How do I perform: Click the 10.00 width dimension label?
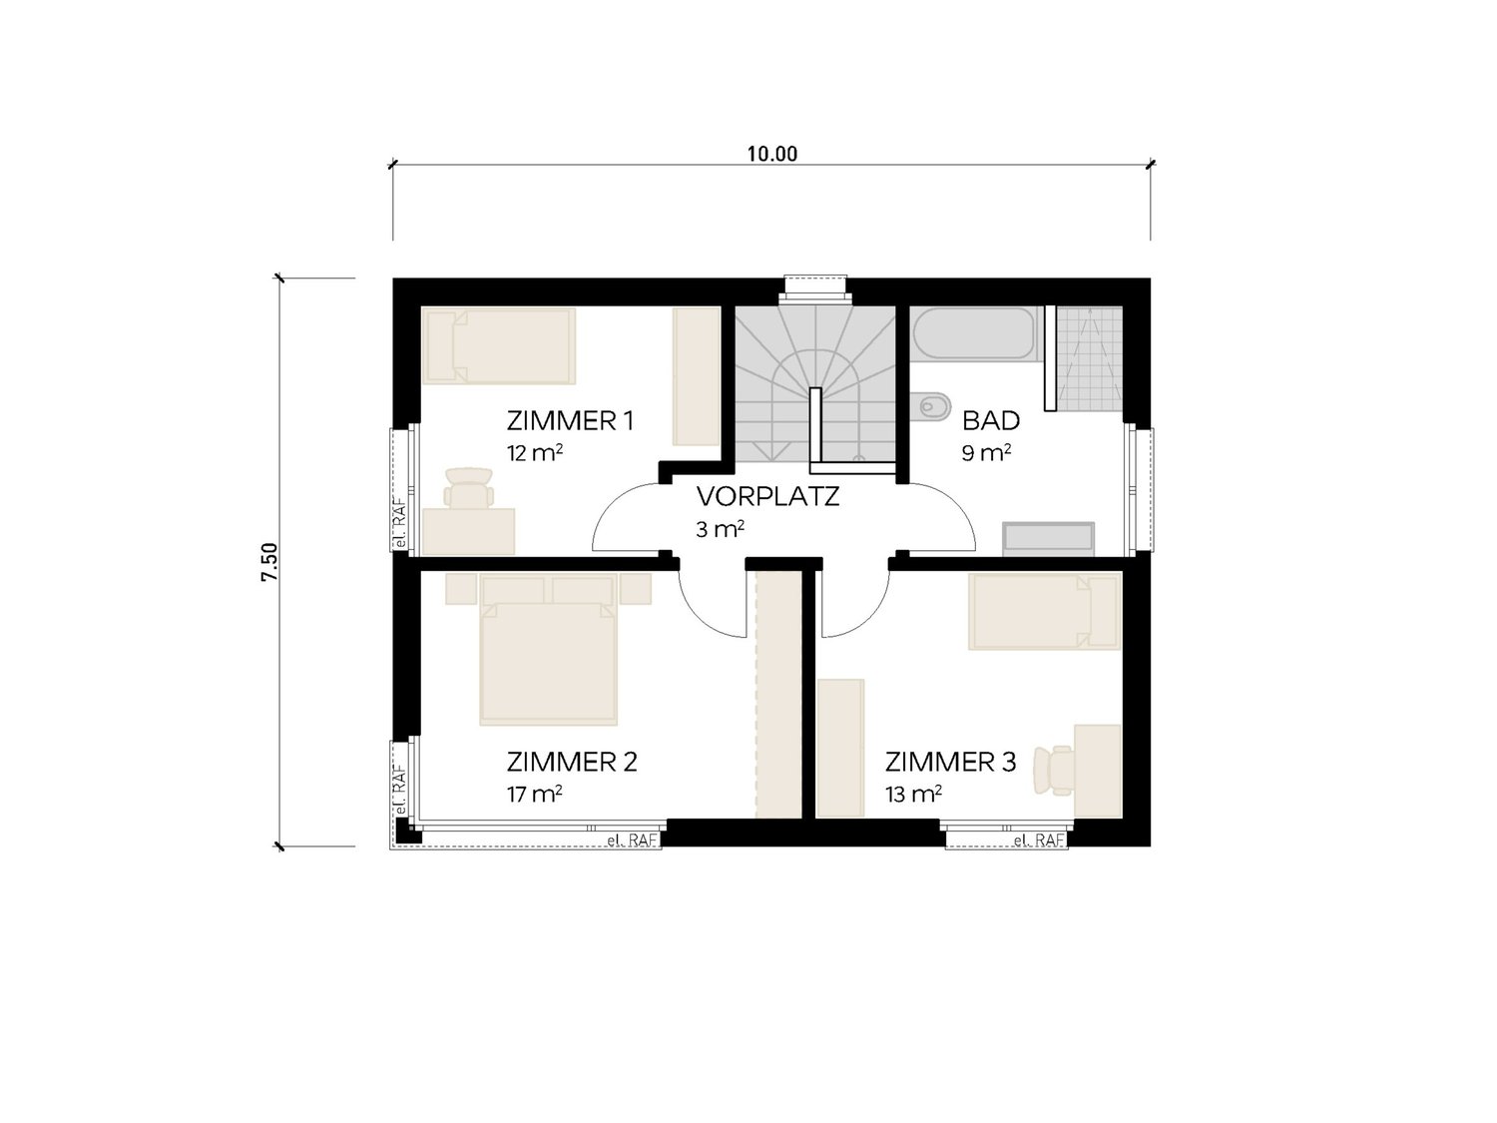[771, 154]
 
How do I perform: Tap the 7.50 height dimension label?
[270, 562]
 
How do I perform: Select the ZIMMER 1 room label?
[570, 421]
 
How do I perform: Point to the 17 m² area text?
[534, 794]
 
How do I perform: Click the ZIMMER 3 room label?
[950, 762]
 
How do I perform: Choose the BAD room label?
[991, 421]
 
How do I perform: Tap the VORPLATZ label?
[767, 497]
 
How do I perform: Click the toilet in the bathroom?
[931, 407]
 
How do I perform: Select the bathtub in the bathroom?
[975, 333]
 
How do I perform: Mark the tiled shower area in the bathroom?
[1089, 359]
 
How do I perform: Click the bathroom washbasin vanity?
[1048, 539]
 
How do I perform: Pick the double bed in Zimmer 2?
[548, 649]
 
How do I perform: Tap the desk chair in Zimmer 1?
[468, 488]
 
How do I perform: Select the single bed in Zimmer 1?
[499, 345]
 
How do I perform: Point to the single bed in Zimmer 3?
[1045, 611]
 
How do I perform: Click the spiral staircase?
[814, 384]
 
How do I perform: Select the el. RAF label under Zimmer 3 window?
[1039, 841]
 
